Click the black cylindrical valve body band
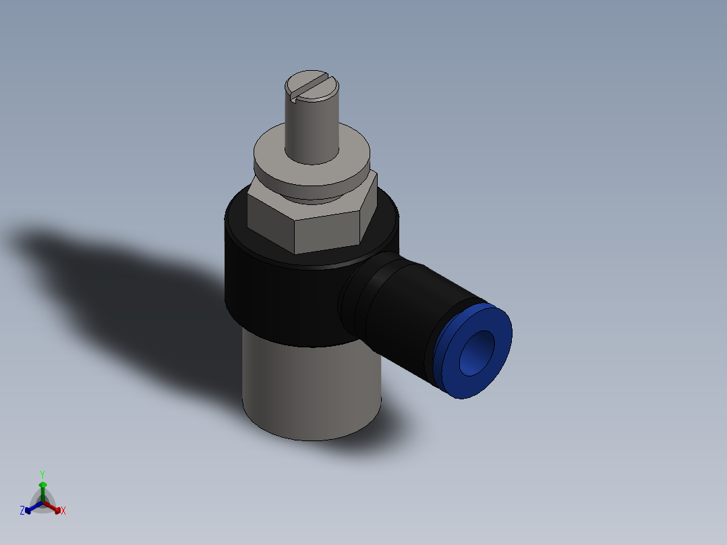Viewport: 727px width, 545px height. (277, 297)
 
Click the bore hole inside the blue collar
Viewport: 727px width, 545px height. (475, 352)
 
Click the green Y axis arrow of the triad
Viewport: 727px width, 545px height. (42, 487)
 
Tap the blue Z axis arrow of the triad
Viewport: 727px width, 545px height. (30, 509)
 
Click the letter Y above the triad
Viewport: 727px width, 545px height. (42, 474)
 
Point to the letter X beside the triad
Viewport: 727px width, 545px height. (63, 511)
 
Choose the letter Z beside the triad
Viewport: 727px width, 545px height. (22, 511)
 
